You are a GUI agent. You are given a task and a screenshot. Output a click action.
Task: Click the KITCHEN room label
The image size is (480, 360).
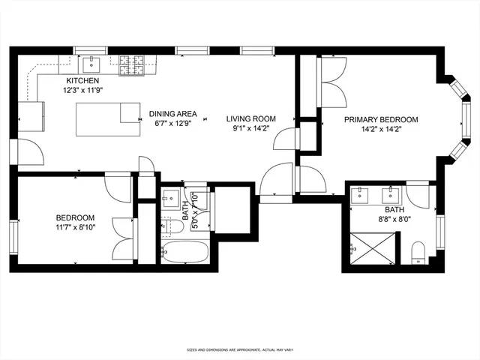click(82, 80)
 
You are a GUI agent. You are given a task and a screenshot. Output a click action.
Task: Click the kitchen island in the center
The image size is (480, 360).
click(107, 116)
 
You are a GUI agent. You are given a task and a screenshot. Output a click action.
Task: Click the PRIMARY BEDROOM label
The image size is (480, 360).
click(381, 119)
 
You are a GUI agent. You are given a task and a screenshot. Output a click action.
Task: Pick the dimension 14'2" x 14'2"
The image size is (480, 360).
click(381, 129)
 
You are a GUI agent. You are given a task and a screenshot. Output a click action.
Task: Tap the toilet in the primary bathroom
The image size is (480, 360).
click(418, 251)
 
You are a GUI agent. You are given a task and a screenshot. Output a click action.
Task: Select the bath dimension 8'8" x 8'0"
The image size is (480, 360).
click(394, 220)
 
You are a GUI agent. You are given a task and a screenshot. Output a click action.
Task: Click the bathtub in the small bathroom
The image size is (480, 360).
click(183, 251)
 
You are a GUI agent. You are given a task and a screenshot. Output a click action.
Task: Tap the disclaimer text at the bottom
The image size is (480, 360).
click(240, 350)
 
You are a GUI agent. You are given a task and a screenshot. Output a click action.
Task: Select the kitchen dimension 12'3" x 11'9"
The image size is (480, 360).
click(82, 89)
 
